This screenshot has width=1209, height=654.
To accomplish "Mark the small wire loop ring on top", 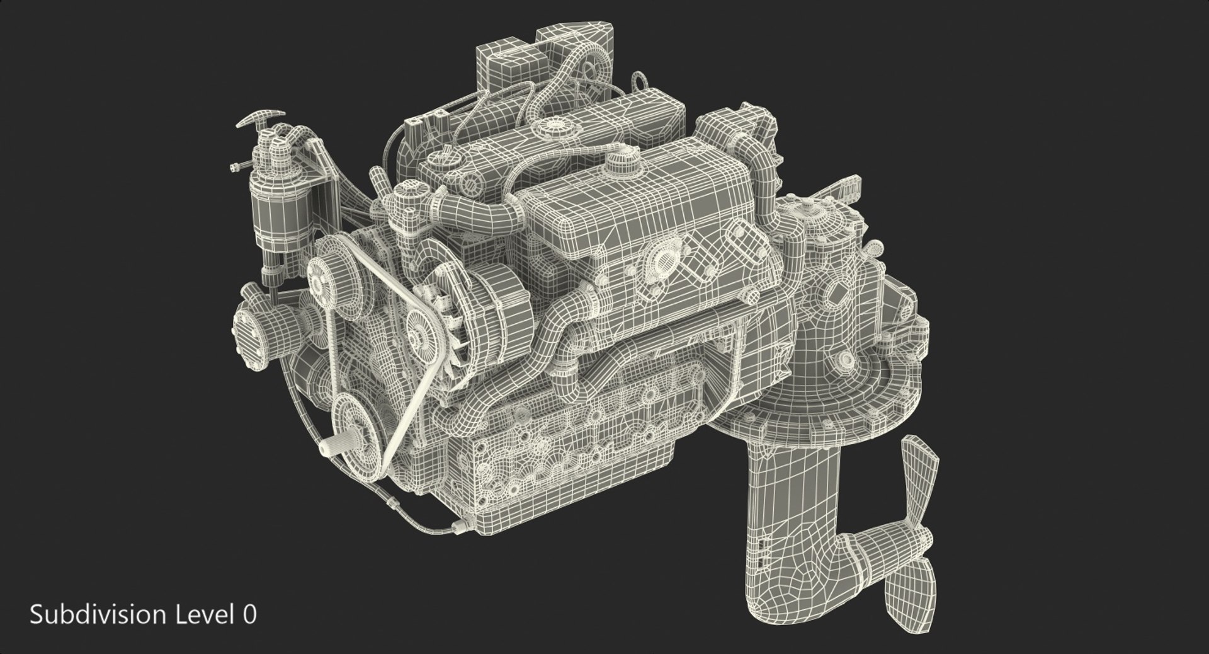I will point(640,81).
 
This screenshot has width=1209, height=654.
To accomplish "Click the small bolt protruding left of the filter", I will point(237,167).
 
